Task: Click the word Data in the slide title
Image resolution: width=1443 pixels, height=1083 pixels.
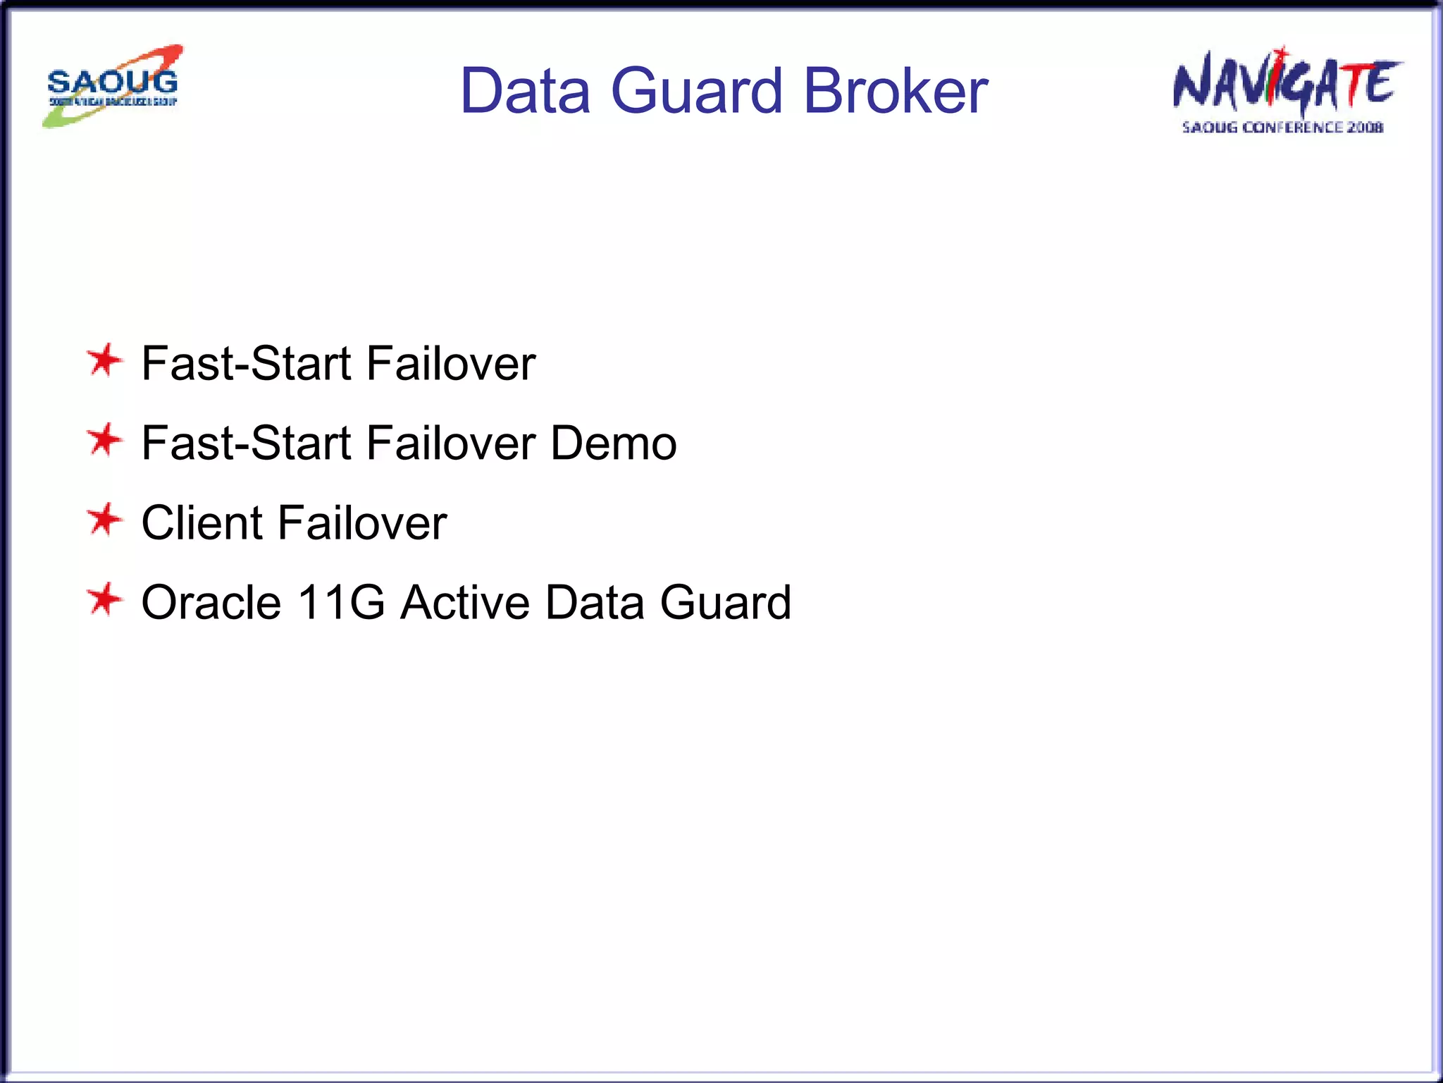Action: [525, 91]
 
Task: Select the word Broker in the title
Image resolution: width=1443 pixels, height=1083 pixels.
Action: [896, 91]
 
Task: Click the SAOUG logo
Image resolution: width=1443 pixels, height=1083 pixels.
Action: [113, 86]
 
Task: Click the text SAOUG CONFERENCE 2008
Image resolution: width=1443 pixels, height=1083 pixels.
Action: [1282, 128]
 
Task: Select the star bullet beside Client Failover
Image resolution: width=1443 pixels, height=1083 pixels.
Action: [105, 520]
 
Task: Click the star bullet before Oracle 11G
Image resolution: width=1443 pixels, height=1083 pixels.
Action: [105, 600]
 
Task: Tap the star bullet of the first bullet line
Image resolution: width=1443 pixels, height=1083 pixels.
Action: [105, 360]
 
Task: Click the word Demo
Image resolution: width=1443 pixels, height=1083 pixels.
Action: [613, 443]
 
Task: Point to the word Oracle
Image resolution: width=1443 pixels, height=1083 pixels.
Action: [211, 603]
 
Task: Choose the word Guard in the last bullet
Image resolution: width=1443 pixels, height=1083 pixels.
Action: [725, 603]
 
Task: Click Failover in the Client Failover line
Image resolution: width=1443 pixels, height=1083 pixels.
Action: [362, 523]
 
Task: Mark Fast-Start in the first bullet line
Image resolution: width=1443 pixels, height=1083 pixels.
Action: [246, 364]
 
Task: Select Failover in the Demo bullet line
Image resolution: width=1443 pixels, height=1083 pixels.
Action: [451, 443]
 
